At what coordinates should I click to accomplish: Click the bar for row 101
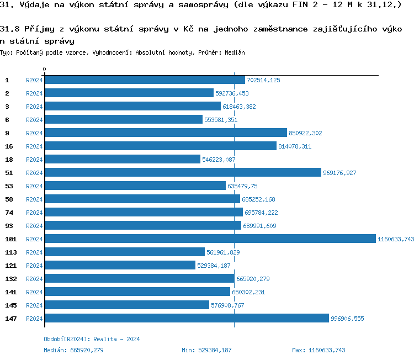pos(210,239)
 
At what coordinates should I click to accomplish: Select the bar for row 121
pos(120,266)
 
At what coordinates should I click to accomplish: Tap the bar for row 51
pos(182,173)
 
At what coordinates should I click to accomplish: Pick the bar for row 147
pos(186,319)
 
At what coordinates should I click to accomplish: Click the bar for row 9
pos(166,133)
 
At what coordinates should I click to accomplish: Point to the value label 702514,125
pos(263,80)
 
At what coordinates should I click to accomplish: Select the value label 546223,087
pos(219,160)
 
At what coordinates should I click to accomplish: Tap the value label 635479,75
pos(242,186)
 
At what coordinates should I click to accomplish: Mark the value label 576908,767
pos(227,305)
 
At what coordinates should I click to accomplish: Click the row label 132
pos(10,279)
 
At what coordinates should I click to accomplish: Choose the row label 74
pos(9,213)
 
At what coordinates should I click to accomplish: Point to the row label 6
pos(7,120)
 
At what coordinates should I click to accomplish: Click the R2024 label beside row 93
pos(34,226)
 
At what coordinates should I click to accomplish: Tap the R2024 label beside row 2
pos(34,93)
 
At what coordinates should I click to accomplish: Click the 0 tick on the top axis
pos(45,70)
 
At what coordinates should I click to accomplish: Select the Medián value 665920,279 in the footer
pos(87,350)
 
